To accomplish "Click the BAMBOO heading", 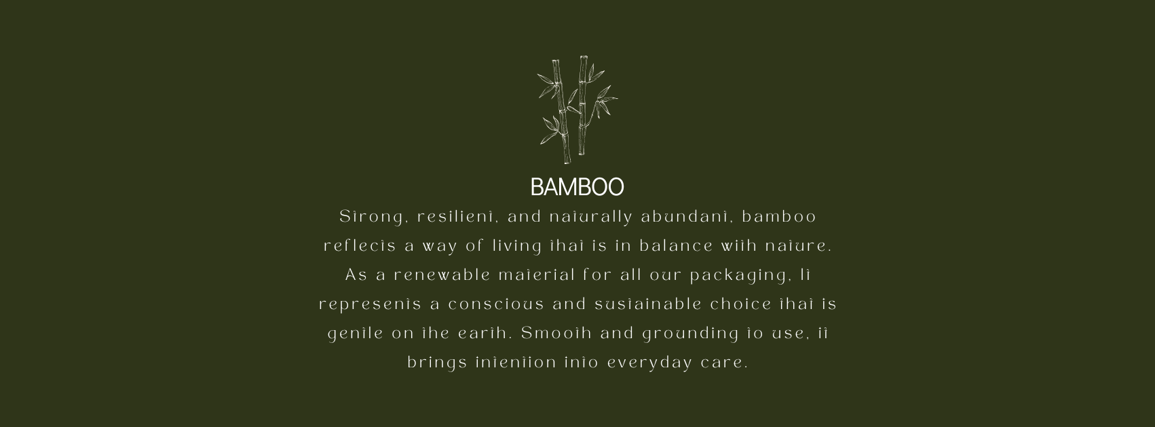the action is point(577,187).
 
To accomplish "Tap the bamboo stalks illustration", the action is point(577,110).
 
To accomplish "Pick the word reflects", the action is point(360,246).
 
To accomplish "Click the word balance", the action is point(676,246).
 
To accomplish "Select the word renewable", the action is point(442,276).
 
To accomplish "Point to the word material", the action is point(537,276).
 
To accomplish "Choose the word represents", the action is point(371,305).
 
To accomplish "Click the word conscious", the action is point(496,305).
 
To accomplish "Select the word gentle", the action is point(356,334).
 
